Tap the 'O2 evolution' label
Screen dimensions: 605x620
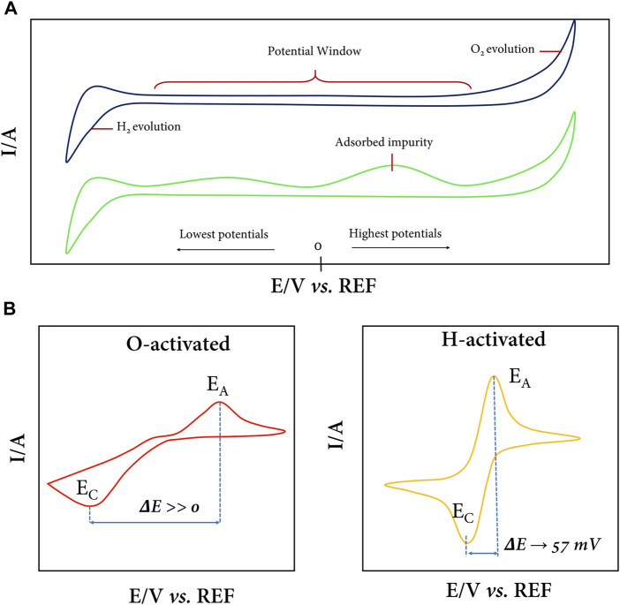(503, 51)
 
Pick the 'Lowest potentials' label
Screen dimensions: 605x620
(223, 234)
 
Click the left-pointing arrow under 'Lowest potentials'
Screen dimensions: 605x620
(224, 250)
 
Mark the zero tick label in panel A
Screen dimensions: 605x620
(317, 247)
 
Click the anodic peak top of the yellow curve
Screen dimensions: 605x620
(493, 375)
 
